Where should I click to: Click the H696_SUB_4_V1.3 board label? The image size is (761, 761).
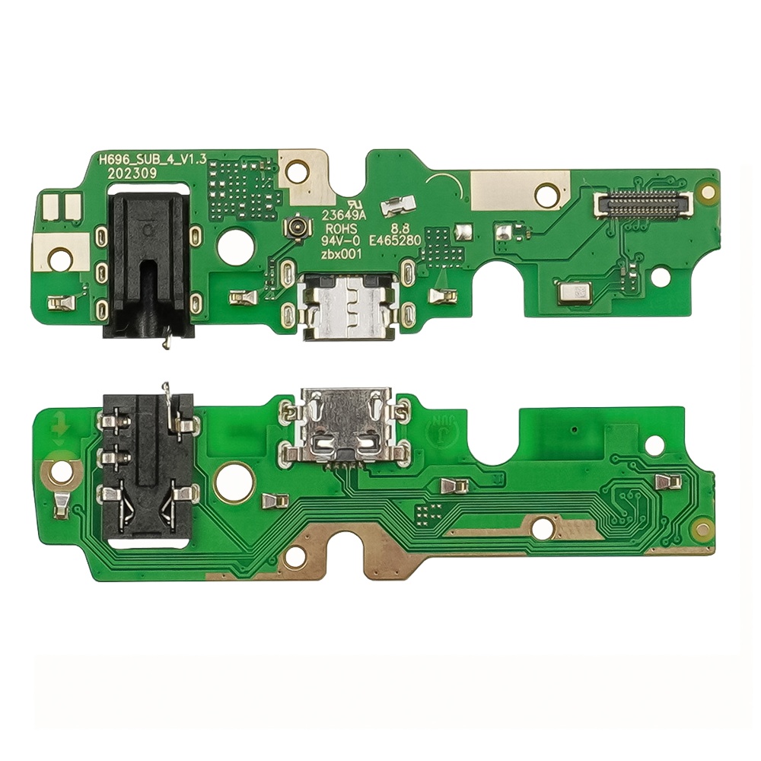pyautogui.click(x=153, y=160)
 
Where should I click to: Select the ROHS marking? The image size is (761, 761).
pyautogui.click(x=341, y=229)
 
